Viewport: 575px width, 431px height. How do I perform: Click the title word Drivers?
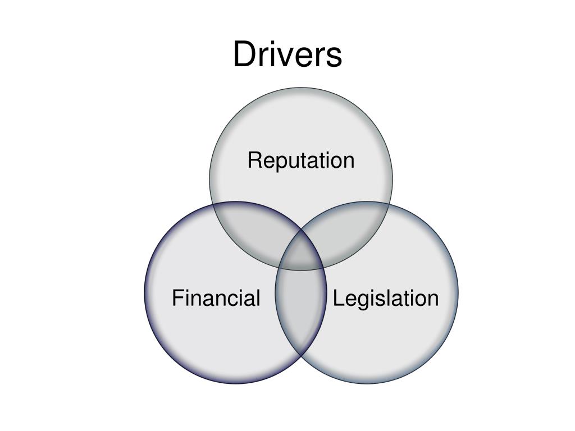point(287,55)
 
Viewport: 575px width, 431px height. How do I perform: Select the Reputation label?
point(301,161)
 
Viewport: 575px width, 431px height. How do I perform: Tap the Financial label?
point(216,298)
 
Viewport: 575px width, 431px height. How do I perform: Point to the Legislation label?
point(386,298)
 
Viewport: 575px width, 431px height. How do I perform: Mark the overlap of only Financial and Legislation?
point(301,314)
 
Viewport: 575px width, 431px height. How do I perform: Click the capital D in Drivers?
point(245,55)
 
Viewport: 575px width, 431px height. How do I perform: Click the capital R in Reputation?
point(254,161)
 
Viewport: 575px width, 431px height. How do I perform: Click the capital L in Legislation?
point(338,298)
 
